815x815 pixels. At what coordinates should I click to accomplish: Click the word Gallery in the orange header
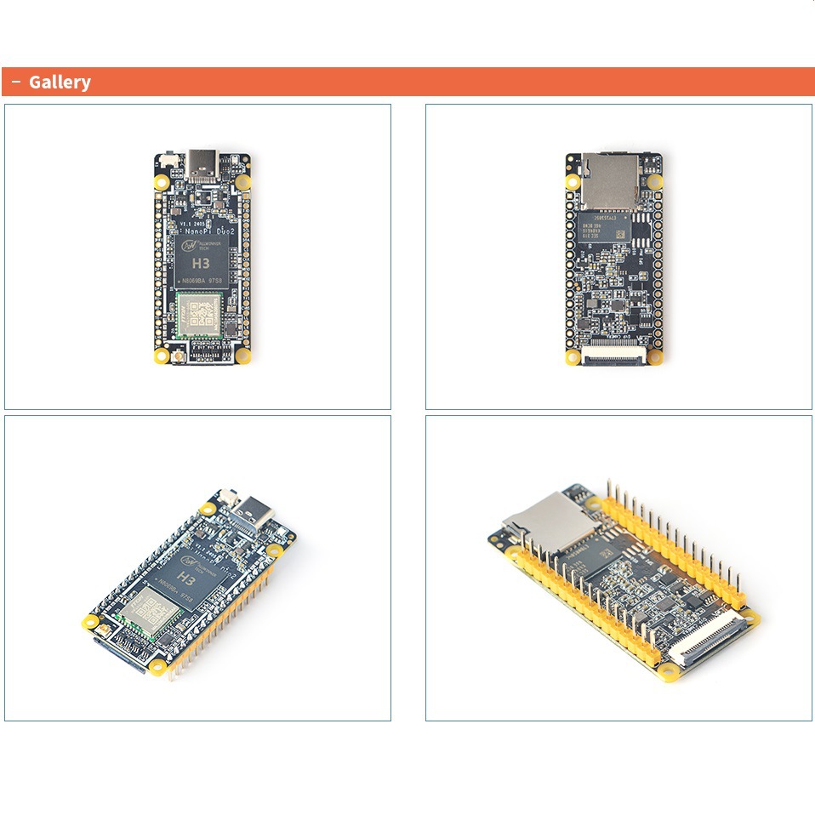point(60,83)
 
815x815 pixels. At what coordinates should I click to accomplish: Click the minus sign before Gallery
point(16,82)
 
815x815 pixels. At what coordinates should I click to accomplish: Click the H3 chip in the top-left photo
point(202,262)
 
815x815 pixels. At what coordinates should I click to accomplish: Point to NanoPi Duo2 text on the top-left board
point(209,229)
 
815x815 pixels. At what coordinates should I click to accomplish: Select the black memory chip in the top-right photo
point(607,227)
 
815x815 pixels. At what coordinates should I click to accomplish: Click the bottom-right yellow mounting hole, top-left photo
point(242,356)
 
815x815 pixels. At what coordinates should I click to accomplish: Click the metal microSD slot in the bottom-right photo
point(544,520)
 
